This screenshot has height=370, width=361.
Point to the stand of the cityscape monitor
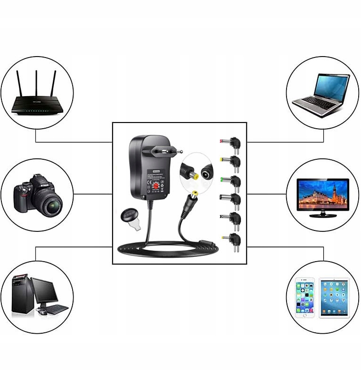pos(323,214)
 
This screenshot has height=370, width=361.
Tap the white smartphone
pos(305,298)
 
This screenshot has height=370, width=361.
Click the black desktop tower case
pos(23,294)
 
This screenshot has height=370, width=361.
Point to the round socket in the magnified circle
pos(205,174)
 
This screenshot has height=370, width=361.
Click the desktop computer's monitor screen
pos(44,290)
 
